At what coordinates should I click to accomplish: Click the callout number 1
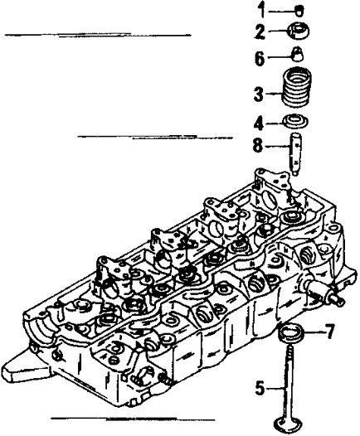(261, 10)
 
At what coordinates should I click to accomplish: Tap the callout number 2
(260, 31)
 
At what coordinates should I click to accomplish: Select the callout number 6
(260, 57)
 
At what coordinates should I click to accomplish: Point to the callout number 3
(259, 94)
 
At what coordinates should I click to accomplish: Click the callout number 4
(259, 124)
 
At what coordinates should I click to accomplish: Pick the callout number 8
(258, 144)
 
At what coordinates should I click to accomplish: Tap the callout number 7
(330, 332)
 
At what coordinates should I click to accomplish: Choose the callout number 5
(260, 387)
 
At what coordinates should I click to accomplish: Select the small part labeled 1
(299, 11)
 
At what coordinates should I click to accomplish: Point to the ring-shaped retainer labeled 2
(298, 31)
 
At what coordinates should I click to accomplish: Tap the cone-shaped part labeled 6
(298, 54)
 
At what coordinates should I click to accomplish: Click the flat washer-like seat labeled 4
(296, 122)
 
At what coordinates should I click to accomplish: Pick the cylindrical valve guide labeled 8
(295, 154)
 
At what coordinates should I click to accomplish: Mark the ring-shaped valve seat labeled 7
(291, 332)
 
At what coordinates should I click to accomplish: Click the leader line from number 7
(314, 332)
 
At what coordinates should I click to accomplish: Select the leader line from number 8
(277, 145)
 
